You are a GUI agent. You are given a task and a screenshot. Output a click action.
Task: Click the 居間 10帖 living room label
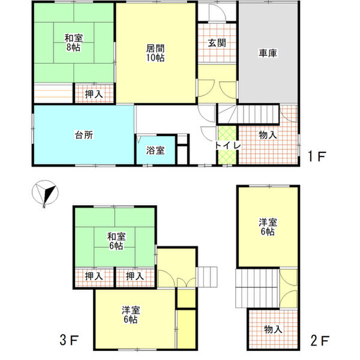pos(155,53)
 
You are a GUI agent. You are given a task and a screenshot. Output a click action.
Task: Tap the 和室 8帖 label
pos(73,43)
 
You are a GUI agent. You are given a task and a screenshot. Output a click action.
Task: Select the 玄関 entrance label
pos(217,43)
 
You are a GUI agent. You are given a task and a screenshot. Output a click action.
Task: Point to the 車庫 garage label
pos(268,53)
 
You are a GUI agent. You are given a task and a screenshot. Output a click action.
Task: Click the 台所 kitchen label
pos(84,135)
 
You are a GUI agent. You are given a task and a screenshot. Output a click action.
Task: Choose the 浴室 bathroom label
pos(155,151)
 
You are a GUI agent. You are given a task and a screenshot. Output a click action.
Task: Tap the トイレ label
pos(227,146)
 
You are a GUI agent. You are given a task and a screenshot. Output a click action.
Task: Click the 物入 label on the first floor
pos(268,135)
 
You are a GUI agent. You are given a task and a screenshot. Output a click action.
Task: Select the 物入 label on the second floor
pos(273,329)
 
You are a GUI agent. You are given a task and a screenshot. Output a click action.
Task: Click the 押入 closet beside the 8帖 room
pos(94,94)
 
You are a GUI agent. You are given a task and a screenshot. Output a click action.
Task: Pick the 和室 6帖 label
pos(116,241)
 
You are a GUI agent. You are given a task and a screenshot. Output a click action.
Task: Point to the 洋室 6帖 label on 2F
pos(268,227)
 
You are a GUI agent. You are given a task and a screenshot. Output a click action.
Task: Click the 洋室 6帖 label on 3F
pos(131,315)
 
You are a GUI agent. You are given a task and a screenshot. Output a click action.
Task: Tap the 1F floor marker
pos(317,157)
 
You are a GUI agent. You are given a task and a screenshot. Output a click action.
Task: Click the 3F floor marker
pos(70,340)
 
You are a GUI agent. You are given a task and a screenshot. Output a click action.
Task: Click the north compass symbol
pos(45,193)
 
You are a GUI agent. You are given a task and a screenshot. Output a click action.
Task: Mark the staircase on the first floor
pos(248,114)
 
